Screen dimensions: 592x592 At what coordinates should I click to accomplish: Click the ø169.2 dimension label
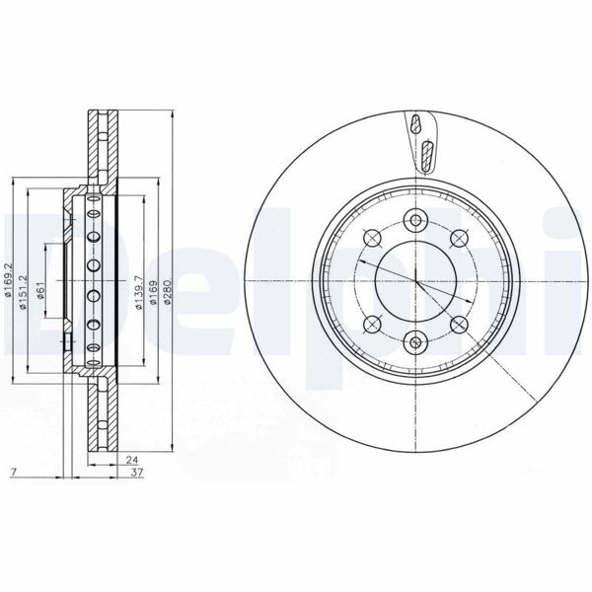(x=9, y=279)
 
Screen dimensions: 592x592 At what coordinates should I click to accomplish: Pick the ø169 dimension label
(x=156, y=289)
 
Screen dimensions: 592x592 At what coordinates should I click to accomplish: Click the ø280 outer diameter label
(x=169, y=289)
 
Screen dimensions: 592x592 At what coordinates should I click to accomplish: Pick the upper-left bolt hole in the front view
(x=372, y=236)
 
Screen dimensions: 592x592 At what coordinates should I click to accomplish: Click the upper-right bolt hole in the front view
(x=458, y=236)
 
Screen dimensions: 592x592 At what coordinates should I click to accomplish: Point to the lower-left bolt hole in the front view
(x=372, y=323)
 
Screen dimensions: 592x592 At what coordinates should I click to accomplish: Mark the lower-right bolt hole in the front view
(x=458, y=323)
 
